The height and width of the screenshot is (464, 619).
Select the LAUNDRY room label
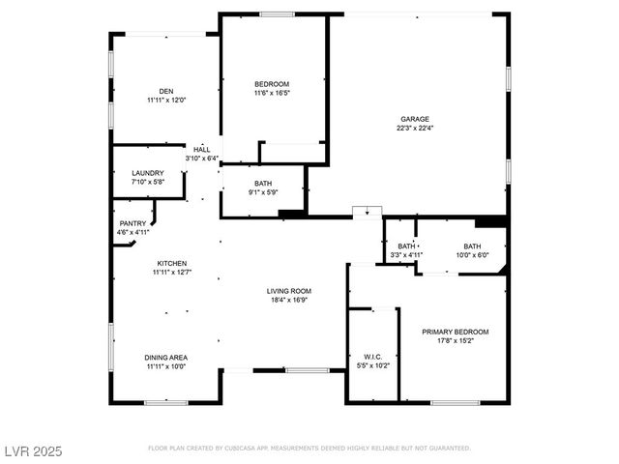click(148, 173)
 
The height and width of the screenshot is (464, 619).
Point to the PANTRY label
click(133, 223)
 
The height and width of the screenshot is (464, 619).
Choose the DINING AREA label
click(166, 358)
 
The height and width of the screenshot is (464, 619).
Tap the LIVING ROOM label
click(289, 291)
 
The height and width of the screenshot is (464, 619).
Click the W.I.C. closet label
click(373, 357)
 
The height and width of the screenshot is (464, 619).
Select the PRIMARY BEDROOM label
click(455, 332)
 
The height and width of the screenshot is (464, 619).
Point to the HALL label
click(201, 150)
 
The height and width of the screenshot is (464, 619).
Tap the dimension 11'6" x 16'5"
click(272, 94)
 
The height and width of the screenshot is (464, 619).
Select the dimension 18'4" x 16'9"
click(289, 300)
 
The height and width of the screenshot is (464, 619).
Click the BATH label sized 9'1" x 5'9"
click(263, 184)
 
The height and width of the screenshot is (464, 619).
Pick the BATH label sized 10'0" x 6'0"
click(472, 246)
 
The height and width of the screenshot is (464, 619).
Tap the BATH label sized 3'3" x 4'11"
click(406, 246)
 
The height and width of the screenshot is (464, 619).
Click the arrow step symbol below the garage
click(367, 213)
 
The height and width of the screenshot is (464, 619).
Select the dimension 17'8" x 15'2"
click(455, 340)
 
